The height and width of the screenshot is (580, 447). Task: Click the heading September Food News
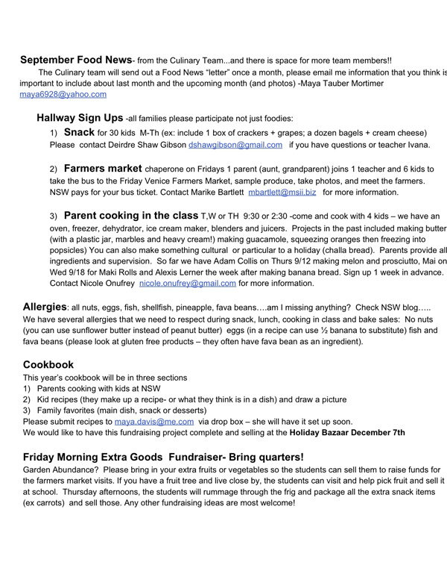click(x=76, y=60)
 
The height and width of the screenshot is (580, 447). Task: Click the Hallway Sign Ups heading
click(x=80, y=118)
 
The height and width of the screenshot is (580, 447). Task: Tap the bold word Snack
click(x=80, y=132)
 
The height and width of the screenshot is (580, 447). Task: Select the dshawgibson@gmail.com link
click(x=235, y=145)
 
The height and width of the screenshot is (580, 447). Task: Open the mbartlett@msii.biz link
click(x=282, y=192)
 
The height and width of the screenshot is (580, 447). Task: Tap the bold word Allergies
click(x=45, y=307)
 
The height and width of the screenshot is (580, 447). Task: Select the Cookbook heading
click(x=48, y=365)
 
